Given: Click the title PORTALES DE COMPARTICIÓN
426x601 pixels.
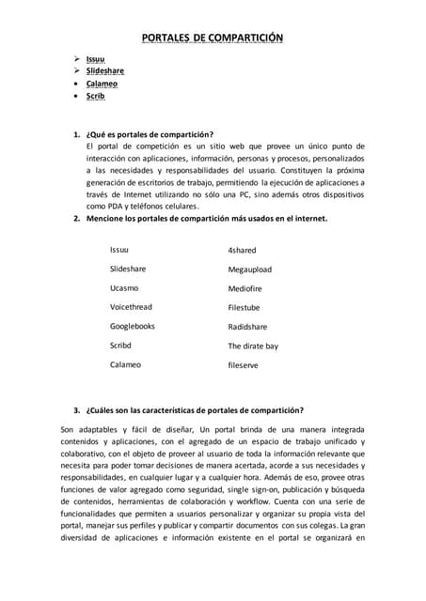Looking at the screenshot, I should tap(212, 38).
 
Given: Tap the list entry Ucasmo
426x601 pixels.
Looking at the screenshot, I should tap(124, 288).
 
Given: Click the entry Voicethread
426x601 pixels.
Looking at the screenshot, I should tap(131, 307).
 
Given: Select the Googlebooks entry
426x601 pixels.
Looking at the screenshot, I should tap(133, 326).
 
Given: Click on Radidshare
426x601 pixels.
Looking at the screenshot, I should tap(247, 327).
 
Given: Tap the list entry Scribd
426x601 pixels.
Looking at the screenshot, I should tap(120, 346).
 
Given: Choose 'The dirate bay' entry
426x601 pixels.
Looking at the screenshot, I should tap(253, 346).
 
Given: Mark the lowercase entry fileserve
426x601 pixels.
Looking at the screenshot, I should tap(243, 364).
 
